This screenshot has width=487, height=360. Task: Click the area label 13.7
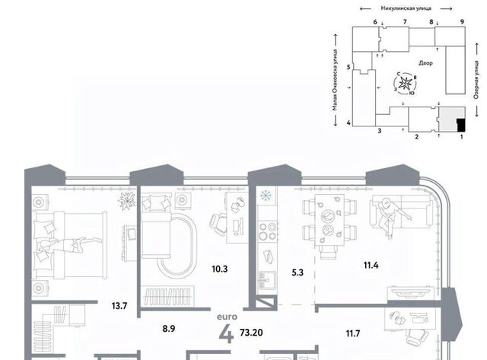point(119,306)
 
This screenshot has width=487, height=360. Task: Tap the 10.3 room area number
point(220,269)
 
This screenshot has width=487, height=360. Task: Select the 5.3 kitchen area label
point(298,272)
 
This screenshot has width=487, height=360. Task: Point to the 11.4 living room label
point(371,266)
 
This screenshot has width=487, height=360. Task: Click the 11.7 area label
point(353,333)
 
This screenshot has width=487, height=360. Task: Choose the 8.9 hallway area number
point(169,329)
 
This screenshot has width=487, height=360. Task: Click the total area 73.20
point(251,333)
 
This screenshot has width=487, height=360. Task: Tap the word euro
point(227,317)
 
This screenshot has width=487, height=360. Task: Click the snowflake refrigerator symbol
point(266,196)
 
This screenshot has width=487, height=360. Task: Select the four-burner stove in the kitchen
point(268,231)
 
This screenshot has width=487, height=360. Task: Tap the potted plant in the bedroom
point(127,200)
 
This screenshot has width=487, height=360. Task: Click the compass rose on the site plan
point(406,83)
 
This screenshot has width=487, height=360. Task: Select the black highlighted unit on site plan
point(461,125)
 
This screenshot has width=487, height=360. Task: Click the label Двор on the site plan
point(425,63)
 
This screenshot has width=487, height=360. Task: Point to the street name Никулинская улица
point(406,8)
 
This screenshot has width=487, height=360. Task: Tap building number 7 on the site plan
point(405,22)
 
